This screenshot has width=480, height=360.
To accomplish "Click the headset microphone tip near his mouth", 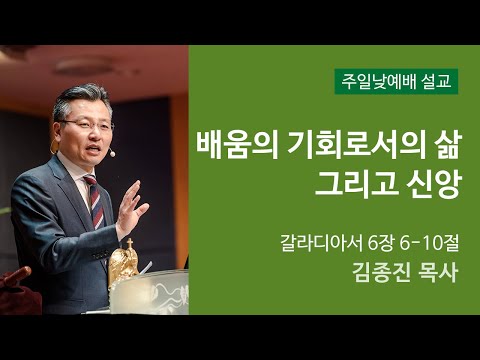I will point(113,155).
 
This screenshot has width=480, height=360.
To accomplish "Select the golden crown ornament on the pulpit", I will point(126,259).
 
